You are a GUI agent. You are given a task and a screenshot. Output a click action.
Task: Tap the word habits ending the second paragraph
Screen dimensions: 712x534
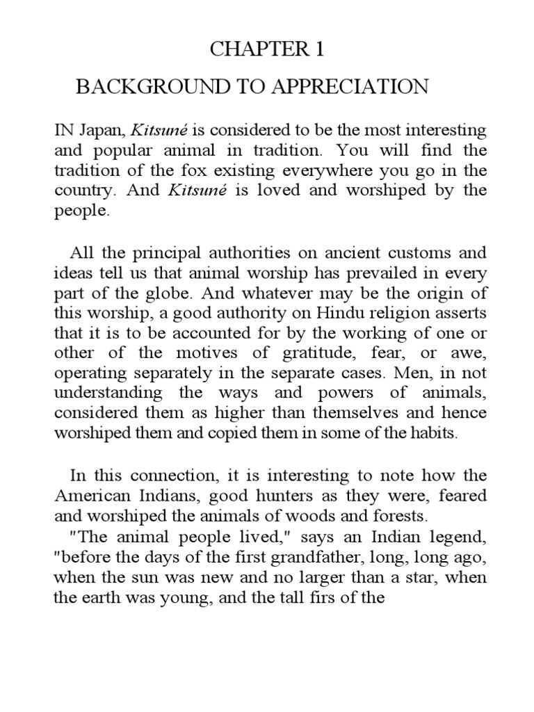coord(438,433)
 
